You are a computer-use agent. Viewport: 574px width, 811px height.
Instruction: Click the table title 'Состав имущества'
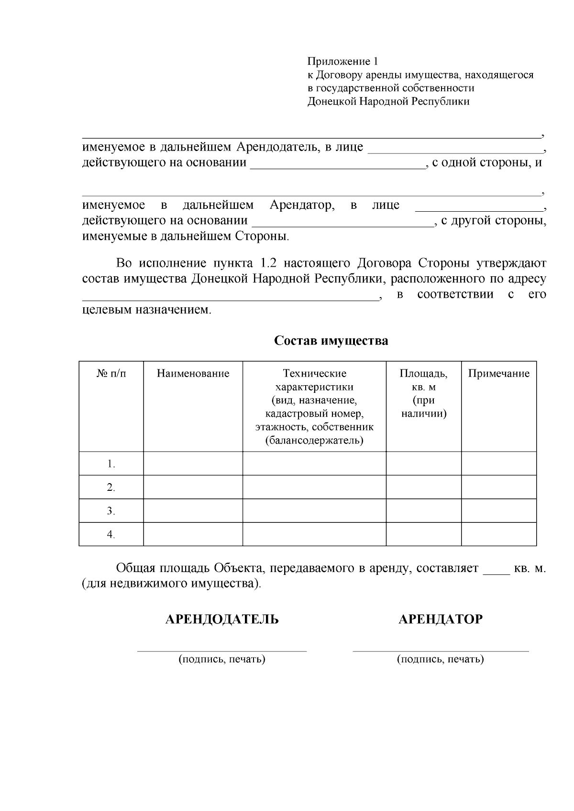(331, 341)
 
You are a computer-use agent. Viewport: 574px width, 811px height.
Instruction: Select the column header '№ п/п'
(111, 374)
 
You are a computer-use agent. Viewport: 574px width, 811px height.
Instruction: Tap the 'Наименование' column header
(193, 374)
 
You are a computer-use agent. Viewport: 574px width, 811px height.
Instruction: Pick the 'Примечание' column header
(498, 374)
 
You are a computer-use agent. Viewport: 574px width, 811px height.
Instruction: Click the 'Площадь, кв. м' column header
(423, 380)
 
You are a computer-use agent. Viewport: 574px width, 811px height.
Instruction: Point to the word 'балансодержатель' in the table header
(314, 441)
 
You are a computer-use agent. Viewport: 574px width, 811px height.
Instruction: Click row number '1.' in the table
(111, 464)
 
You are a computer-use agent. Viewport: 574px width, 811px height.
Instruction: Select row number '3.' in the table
(111, 511)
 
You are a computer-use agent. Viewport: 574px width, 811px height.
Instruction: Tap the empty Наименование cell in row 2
(193, 487)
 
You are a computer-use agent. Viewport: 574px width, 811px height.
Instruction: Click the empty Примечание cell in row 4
(498, 534)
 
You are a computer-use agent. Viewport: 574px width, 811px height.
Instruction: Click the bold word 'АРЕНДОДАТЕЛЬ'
(222, 619)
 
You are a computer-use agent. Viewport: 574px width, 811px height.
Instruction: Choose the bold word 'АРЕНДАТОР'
(441, 619)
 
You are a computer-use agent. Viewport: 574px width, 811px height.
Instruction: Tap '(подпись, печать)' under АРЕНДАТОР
(441, 660)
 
